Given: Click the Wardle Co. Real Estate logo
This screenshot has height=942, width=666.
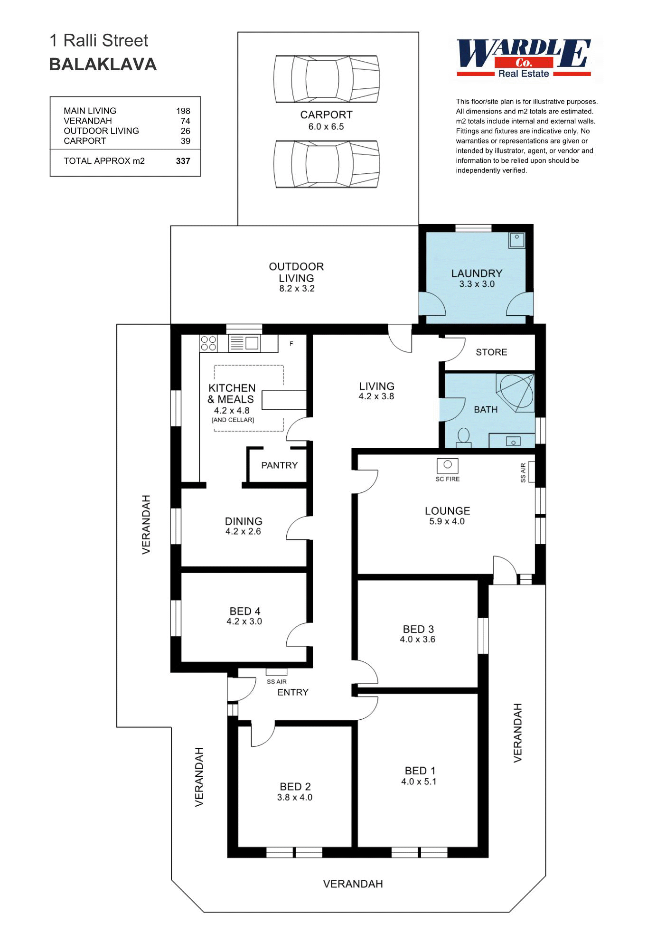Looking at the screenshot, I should point(524,58).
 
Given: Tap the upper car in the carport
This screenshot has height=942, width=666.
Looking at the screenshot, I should point(327,79).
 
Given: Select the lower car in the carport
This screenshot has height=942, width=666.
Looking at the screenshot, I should point(327,164).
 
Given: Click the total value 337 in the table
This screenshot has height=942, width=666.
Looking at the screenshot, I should point(183,161).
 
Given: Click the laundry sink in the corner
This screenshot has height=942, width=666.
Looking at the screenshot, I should point(516,240).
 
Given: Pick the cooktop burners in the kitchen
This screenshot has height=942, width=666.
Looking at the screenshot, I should point(208,343).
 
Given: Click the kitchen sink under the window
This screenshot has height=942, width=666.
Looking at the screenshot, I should point(244,343).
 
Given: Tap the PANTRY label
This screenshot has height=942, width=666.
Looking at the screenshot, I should point(279,465).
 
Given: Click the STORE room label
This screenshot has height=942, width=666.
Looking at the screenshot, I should point(491,352).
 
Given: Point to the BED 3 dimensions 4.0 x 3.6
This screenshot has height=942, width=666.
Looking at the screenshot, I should point(417,639).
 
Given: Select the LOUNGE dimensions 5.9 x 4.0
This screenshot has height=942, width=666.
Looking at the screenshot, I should point(447,521).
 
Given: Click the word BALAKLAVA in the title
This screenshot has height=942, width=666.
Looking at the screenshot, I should point(103,65).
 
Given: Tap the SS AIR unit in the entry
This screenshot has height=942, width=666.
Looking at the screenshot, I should point(276,672).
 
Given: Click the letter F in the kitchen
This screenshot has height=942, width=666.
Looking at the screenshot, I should point(291,344).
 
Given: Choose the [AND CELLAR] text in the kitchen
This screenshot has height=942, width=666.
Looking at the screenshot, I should point(233,420).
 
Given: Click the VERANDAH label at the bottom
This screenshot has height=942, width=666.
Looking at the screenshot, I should point(353,884).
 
